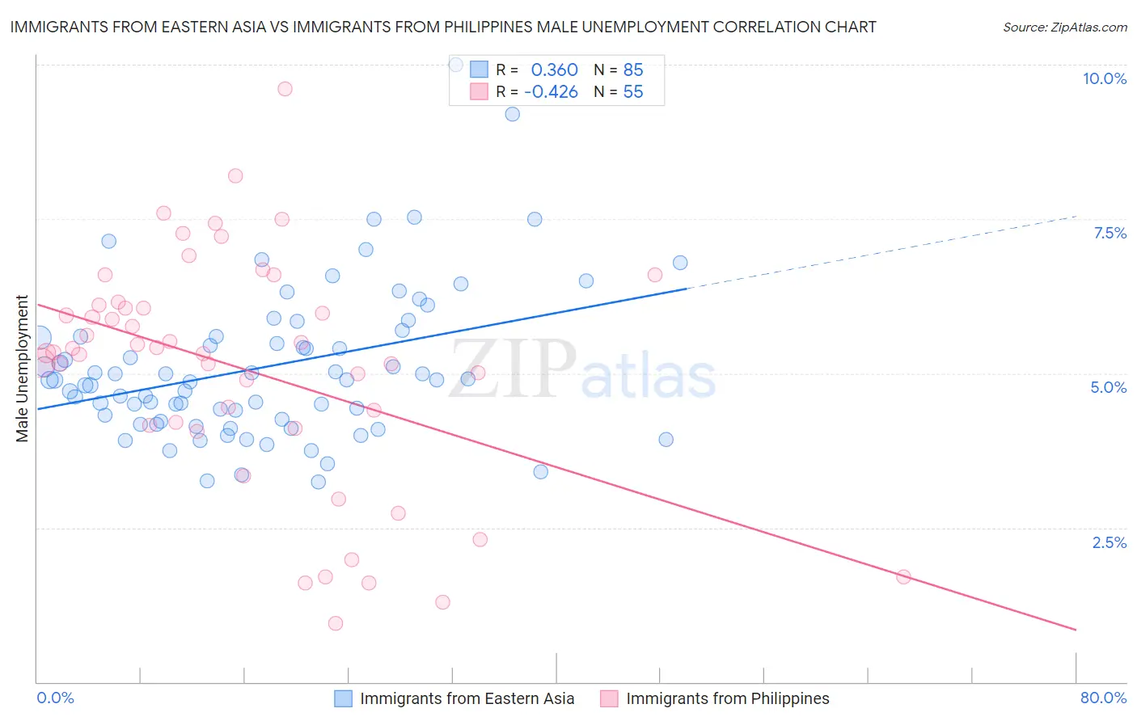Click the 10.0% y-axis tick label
1104,78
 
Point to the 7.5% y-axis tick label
1110,233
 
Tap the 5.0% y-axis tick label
1108,387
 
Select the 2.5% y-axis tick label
1109,542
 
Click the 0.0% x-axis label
55,698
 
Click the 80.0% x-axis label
1103,698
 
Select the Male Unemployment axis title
22,369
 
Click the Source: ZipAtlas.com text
1064,27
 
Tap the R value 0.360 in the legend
554,70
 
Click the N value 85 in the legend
632,70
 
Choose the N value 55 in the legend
632,92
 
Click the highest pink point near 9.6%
285,89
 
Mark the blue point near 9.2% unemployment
512,114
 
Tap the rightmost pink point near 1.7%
903,576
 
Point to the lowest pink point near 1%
336,623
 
